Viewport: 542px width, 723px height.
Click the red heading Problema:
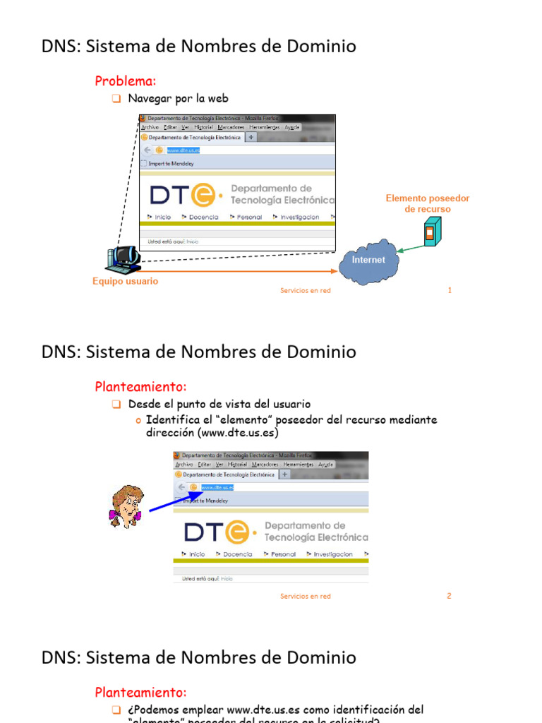[125, 81]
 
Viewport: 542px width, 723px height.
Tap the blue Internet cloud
[368, 261]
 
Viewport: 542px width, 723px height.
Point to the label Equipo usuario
[126, 281]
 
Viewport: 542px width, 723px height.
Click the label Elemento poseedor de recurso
[427, 204]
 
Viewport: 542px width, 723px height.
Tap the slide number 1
[450, 290]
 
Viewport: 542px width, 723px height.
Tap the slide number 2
[449, 596]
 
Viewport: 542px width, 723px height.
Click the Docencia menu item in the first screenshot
[203, 217]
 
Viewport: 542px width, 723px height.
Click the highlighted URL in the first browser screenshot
[183, 150]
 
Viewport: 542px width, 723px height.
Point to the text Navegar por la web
[178, 98]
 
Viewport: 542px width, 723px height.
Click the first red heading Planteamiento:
[141, 387]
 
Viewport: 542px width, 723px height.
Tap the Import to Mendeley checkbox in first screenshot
[144, 163]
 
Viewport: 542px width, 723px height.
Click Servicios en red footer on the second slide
[305, 596]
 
